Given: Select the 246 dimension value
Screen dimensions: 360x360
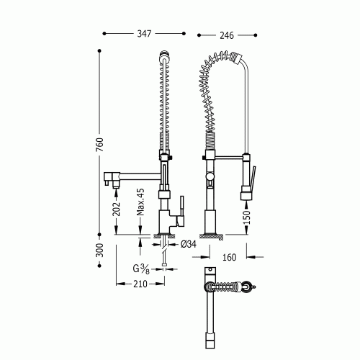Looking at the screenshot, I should (227, 33).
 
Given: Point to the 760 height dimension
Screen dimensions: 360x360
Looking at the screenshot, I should (100, 144).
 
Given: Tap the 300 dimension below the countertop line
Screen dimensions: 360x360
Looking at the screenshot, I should (100, 251).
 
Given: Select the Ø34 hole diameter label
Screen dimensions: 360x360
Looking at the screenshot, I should (189, 245).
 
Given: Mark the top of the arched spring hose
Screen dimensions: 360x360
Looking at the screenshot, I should (216, 54).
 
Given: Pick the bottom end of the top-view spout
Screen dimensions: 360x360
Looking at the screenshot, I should (210, 338).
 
